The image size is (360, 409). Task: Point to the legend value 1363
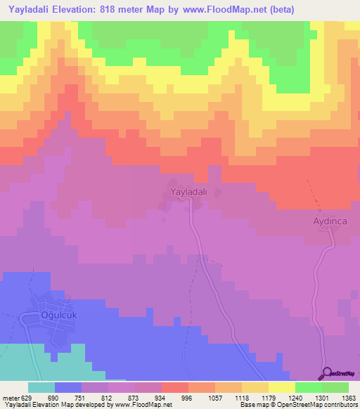[x=349, y=398]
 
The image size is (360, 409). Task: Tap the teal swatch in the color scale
[x=41, y=387]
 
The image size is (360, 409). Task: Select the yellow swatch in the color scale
[x=281, y=387]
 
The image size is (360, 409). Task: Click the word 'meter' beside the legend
[x=9, y=398]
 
